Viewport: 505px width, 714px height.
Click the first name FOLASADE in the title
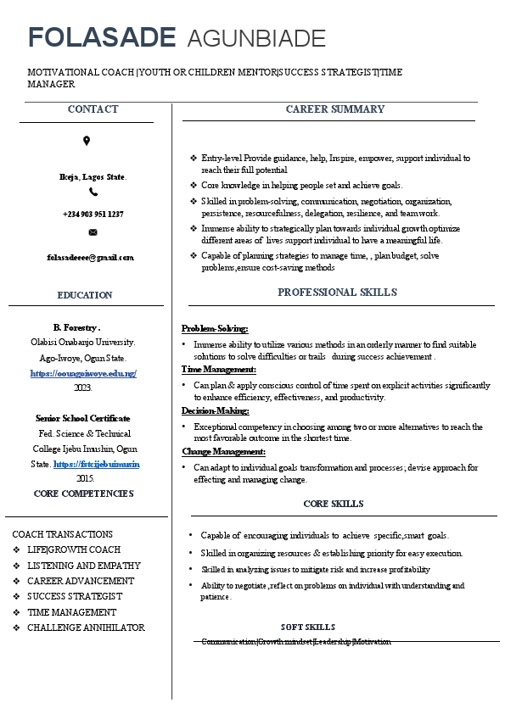click(x=102, y=37)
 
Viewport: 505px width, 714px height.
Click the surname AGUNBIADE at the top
click(x=255, y=38)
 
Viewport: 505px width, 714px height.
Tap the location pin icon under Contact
click(x=87, y=141)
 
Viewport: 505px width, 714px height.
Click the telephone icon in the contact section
click(x=93, y=192)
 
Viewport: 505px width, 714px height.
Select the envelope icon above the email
click(x=93, y=231)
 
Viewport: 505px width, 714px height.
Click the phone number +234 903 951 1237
click(x=93, y=214)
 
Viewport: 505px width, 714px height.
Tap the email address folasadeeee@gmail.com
click(x=90, y=257)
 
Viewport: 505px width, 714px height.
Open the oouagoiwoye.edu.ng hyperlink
click(x=83, y=373)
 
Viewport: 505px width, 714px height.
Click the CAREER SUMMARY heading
click(x=334, y=109)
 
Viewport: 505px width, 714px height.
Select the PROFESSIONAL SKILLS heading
click(x=337, y=293)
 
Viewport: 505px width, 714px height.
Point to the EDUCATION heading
click(x=85, y=295)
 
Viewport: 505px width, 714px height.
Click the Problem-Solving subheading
click(x=215, y=328)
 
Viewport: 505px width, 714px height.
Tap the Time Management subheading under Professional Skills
click(x=219, y=369)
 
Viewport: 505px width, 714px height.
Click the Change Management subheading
click(x=223, y=451)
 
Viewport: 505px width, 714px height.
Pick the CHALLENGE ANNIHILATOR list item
click(x=86, y=628)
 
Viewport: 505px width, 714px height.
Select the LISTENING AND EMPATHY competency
click(x=84, y=566)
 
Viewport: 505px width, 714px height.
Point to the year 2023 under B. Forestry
click(x=83, y=388)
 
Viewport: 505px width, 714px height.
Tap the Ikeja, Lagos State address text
click(x=93, y=176)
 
